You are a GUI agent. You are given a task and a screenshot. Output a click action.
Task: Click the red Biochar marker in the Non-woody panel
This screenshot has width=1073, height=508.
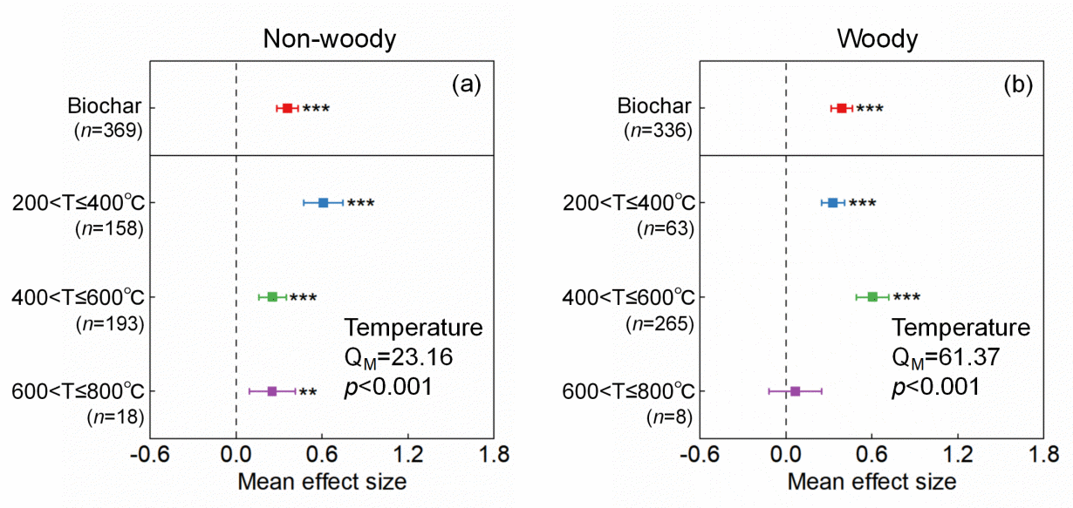tap(287, 108)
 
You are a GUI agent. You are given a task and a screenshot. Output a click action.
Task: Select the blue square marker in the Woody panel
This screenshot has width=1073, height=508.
tap(832, 202)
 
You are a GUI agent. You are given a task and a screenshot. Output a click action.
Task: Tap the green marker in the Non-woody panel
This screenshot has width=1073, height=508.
tap(272, 297)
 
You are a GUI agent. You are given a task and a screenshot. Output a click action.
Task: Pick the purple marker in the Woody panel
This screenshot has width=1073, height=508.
tap(795, 391)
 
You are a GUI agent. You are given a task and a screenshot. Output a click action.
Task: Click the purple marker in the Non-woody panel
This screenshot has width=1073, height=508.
tap(272, 391)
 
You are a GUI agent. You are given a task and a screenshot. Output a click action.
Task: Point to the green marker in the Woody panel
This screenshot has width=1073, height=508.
tap(872, 297)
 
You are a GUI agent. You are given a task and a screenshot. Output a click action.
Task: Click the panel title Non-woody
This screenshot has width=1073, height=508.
tap(330, 39)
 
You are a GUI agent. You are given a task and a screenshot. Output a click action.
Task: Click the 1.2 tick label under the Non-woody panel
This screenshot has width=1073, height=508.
tap(408, 454)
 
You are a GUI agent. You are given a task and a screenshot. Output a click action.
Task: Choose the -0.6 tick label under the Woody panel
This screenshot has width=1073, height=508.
tap(696, 454)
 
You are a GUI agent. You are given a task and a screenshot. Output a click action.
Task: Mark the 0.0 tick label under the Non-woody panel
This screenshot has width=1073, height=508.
tap(236, 454)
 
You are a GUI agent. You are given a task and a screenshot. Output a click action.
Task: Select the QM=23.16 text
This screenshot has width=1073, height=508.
tap(396, 357)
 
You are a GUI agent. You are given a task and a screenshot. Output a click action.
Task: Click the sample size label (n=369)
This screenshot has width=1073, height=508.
tap(108, 131)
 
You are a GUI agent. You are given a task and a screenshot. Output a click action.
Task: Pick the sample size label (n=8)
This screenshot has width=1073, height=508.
tap(669, 417)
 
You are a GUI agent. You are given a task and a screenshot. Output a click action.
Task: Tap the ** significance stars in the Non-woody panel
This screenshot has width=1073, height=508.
tap(307, 392)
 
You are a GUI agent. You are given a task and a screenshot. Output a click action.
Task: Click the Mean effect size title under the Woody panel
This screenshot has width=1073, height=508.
tap(871, 481)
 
